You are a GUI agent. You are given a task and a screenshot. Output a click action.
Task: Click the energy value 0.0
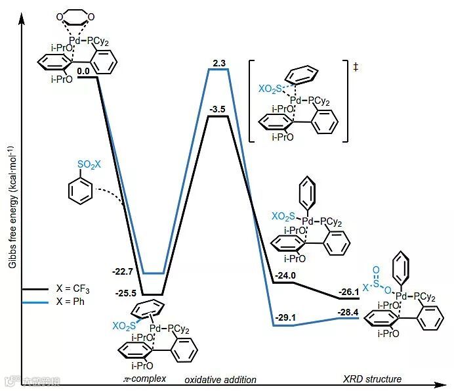click(x=83, y=70)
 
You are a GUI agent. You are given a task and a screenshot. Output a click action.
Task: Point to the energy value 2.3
click(x=218, y=62)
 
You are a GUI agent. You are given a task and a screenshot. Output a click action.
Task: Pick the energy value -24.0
click(x=286, y=275)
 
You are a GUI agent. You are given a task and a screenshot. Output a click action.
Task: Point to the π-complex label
click(x=145, y=379)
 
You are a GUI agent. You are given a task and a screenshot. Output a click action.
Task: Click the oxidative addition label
click(x=220, y=380)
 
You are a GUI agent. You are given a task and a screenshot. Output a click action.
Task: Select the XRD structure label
click(x=372, y=379)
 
